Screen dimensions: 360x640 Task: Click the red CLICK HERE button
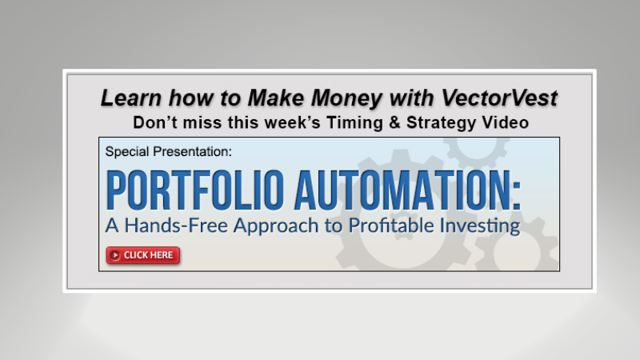[x=143, y=255]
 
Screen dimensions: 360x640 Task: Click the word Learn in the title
[x=126, y=98]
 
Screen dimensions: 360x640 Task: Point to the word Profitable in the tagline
[x=380, y=226]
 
